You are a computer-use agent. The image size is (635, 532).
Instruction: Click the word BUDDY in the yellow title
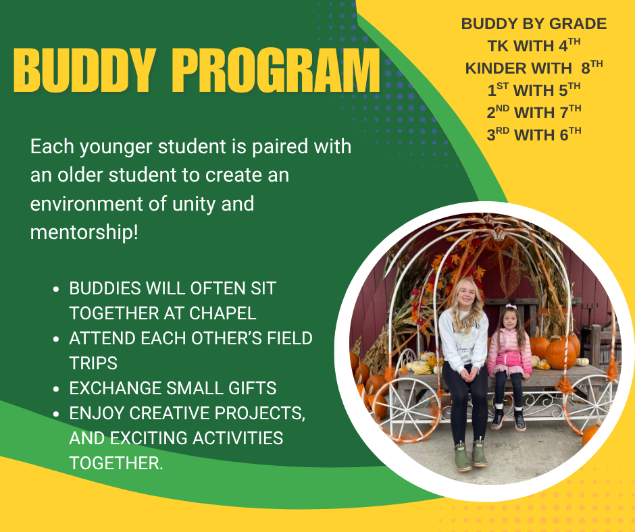pyautogui.click(x=84, y=71)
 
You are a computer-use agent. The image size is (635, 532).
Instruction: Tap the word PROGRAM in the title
pyautogui.click(x=278, y=71)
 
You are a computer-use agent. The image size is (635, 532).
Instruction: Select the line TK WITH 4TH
pyautogui.click(x=534, y=45)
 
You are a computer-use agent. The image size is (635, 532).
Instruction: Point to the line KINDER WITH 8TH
pyautogui.click(x=534, y=68)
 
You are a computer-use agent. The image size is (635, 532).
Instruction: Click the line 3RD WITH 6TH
pyautogui.click(x=534, y=134)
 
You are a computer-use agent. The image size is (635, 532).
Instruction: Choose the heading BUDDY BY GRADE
pyautogui.click(x=534, y=24)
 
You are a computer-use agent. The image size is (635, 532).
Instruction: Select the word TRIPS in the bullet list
pyautogui.click(x=93, y=363)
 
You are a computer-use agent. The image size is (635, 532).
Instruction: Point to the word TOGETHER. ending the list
pyautogui.click(x=116, y=462)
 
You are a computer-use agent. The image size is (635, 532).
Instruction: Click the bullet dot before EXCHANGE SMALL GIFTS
pyautogui.click(x=56, y=389)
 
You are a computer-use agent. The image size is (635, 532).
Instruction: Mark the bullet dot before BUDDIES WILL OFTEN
pyautogui.click(x=56, y=290)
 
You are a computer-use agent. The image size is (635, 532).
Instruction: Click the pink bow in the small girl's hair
pyautogui.click(x=511, y=307)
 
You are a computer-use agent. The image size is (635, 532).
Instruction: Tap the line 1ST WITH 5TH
pyautogui.click(x=534, y=90)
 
